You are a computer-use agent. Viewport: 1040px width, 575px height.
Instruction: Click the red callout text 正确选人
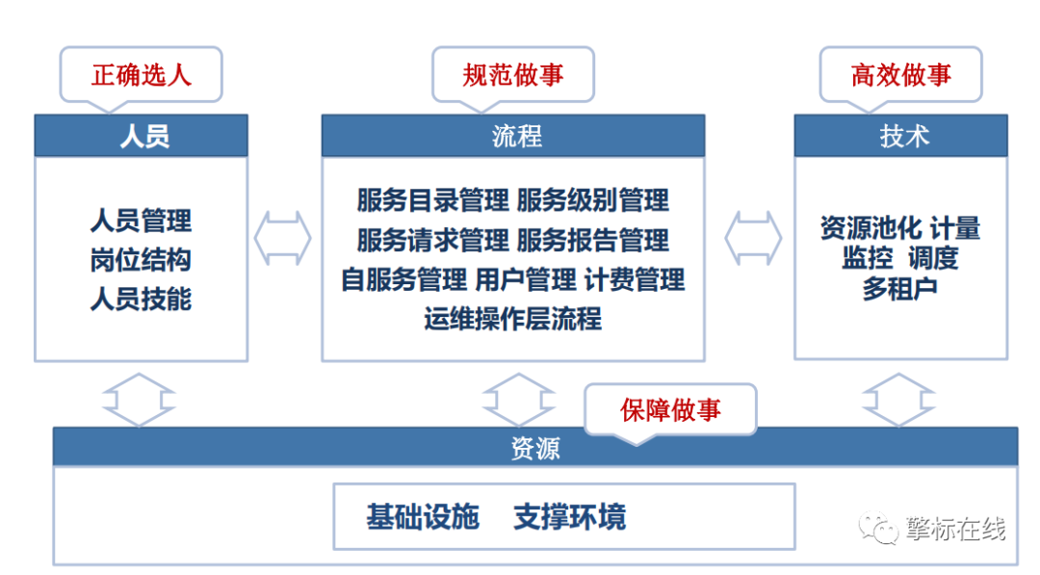tap(142, 75)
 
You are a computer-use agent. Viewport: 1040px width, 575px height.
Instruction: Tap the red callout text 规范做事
tap(512, 75)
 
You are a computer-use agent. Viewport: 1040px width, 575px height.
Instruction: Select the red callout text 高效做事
tap(900, 75)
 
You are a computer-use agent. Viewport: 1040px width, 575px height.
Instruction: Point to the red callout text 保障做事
tap(670, 410)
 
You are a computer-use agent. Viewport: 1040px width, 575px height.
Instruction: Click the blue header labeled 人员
tap(142, 136)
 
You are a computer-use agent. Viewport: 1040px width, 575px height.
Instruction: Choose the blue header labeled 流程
tap(513, 136)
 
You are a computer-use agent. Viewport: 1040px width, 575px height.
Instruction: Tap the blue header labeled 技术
tap(900, 136)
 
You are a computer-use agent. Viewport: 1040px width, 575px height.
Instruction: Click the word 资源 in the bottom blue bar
tap(535, 448)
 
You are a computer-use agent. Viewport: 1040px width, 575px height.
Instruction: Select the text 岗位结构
tap(141, 260)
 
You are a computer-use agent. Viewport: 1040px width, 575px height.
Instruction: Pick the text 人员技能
tap(141, 300)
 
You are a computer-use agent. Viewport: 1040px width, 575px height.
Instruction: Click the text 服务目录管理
tap(433, 200)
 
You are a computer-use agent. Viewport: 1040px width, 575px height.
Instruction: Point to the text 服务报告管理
tap(593, 240)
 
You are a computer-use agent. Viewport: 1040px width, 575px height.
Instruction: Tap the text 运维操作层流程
tap(512, 319)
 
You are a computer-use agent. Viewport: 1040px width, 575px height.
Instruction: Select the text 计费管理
tap(634, 280)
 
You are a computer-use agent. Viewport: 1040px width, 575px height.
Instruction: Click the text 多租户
tap(900, 289)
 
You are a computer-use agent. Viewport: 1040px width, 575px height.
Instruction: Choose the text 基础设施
tap(423, 516)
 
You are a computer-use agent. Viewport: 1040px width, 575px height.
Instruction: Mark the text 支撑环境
tap(570, 516)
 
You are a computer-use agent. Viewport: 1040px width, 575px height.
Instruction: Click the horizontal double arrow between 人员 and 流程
tap(283, 238)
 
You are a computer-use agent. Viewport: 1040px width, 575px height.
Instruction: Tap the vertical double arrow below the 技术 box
tap(898, 400)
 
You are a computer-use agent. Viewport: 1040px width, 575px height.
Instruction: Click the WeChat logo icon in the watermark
tap(877, 527)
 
